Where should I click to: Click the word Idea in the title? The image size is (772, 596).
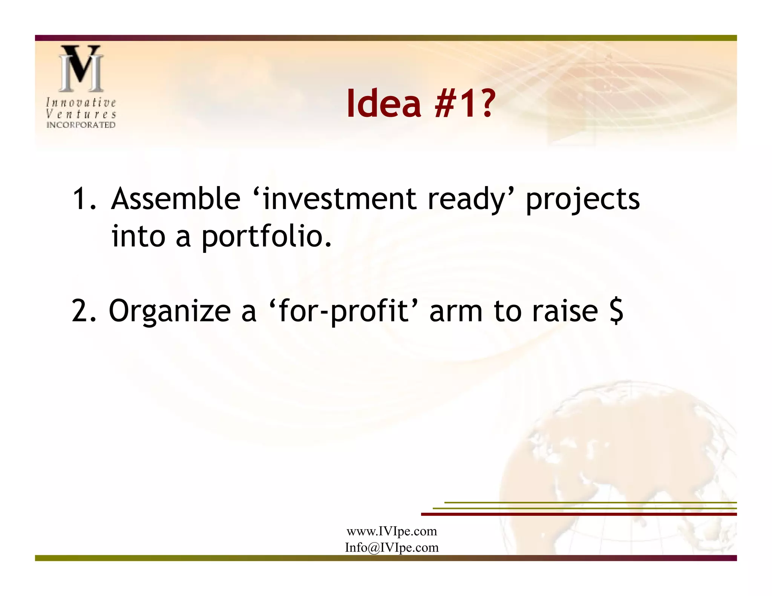pos(383,103)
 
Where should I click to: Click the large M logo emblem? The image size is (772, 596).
pos(81,69)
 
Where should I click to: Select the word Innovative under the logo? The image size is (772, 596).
pos(81,102)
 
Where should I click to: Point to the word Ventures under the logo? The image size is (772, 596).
pos(81,114)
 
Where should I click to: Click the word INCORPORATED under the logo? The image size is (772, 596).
pos(81,125)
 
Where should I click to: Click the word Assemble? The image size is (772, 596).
pos(176,199)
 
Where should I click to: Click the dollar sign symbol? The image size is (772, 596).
pos(616,311)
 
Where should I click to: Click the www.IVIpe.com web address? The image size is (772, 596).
pos(392,531)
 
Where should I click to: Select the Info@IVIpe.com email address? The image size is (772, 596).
pos(392,547)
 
